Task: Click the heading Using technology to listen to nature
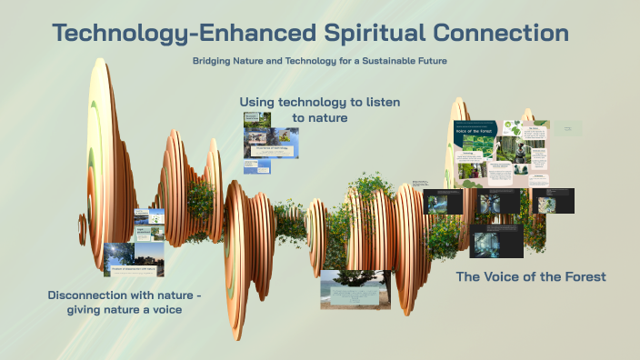click(x=319, y=110)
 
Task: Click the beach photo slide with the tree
click(x=355, y=289)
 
